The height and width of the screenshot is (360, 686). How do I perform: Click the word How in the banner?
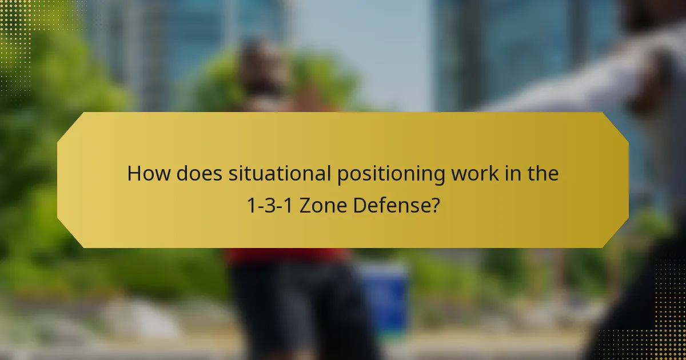(149, 174)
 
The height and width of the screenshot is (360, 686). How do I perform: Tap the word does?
(199, 174)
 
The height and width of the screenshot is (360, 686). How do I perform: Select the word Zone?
(322, 205)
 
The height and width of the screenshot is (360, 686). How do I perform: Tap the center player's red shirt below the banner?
(286, 255)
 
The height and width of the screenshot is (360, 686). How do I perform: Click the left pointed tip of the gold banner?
(59, 179)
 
